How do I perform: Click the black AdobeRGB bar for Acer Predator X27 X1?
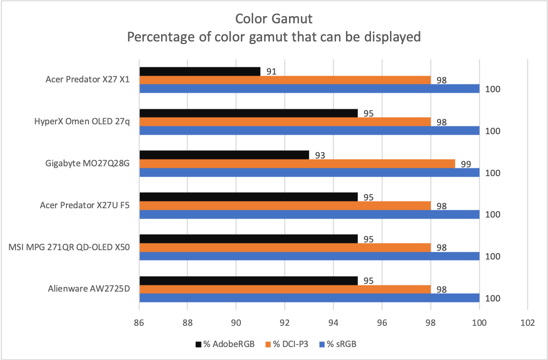click(x=200, y=71)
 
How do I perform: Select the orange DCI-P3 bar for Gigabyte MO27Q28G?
click(x=297, y=164)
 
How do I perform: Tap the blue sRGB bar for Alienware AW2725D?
click(x=309, y=298)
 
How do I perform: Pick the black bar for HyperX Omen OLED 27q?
click(x=249, y=113)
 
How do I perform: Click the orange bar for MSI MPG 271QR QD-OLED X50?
click(x=285, y=248)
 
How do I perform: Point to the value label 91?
click(x=271, y=71)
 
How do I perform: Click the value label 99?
click(x=466, y=164)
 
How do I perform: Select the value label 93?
click(x=320, y=155)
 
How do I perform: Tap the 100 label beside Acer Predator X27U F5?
click(x=493, y=215)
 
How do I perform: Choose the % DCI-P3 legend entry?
click(x=287, y=344)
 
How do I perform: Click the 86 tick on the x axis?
click(x=139, y=322)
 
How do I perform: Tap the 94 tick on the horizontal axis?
click(x=334, y=322)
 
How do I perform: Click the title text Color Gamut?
click(x=274, y=19)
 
